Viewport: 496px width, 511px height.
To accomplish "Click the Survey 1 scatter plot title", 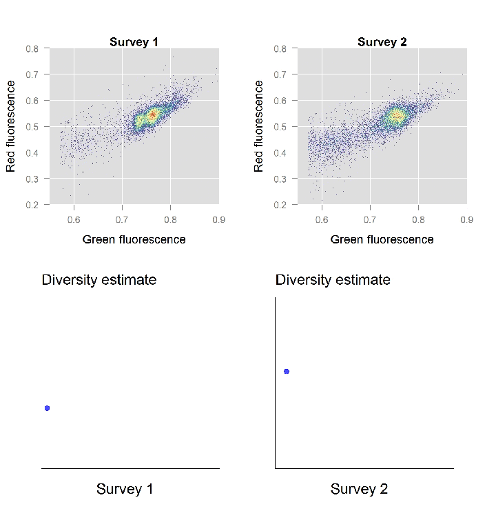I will [134, 42].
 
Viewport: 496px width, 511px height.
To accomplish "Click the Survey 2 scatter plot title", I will [382, 42].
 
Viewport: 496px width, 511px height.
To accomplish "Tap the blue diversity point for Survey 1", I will [47, 408].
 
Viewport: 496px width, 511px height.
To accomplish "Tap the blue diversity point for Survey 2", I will [287, 371].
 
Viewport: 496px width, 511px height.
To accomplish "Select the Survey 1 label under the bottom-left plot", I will [124, 489].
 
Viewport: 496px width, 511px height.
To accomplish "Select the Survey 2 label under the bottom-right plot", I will [359, 489].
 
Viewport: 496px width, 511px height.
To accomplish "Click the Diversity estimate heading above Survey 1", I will [99, 280].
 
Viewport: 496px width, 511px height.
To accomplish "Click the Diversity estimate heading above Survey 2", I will [333, 280].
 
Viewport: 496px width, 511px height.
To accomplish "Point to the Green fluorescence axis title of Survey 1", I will [134, 239].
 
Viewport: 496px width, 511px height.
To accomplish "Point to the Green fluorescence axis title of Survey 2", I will [382, 239].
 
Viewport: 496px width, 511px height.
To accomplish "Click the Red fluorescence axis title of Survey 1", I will [11, 126].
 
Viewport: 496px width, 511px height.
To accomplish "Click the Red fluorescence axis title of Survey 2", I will [259, 126].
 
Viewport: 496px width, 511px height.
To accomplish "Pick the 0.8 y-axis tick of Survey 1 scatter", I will [32, 49].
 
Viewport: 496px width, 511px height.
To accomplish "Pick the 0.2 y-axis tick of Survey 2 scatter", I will [280, 205].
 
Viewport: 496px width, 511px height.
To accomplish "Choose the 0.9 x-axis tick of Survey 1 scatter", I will [218, 219].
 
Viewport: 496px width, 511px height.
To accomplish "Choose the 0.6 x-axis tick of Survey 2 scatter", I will [322, 219].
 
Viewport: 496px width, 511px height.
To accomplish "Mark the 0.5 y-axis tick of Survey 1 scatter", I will [32, 127].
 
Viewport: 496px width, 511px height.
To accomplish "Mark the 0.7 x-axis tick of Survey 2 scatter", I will [370, 219].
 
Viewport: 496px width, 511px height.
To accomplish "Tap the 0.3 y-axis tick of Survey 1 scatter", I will [32, 179].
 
